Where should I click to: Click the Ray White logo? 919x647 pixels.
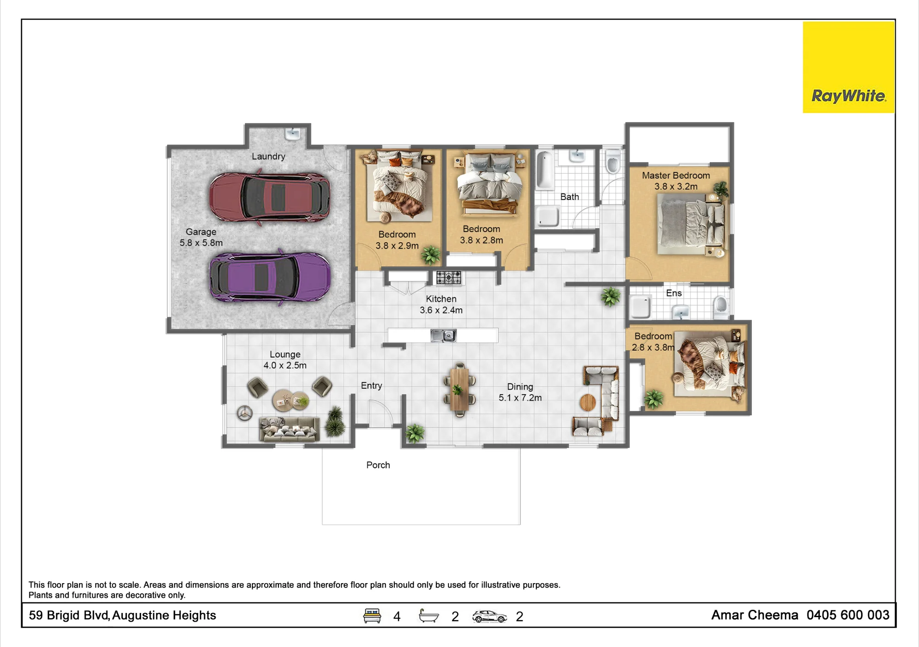[848, 67]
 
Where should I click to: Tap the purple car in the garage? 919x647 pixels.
[270, 277]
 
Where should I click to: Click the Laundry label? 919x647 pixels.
[268, 156]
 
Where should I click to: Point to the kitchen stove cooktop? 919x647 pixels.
[448, 278]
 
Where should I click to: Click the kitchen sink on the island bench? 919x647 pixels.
[443, 335]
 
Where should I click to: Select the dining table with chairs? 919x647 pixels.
[459, 389]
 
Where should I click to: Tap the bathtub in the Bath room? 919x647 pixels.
[545, 170]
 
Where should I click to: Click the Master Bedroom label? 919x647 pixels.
[675, 176]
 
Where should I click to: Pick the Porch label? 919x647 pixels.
[378, 465]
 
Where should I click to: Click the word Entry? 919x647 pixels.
[371, 386]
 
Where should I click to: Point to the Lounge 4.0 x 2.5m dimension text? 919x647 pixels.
[285, 365]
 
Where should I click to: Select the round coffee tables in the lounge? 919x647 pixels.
[290, 400]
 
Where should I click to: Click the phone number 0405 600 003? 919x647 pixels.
[848, 615]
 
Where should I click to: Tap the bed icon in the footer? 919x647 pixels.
[372, 616]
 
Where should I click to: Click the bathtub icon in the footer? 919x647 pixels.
[429, 616]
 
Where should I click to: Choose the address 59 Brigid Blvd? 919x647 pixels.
[69, 615]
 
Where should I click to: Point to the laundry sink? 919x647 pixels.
[293, 133]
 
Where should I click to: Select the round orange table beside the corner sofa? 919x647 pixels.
[588, 403]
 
